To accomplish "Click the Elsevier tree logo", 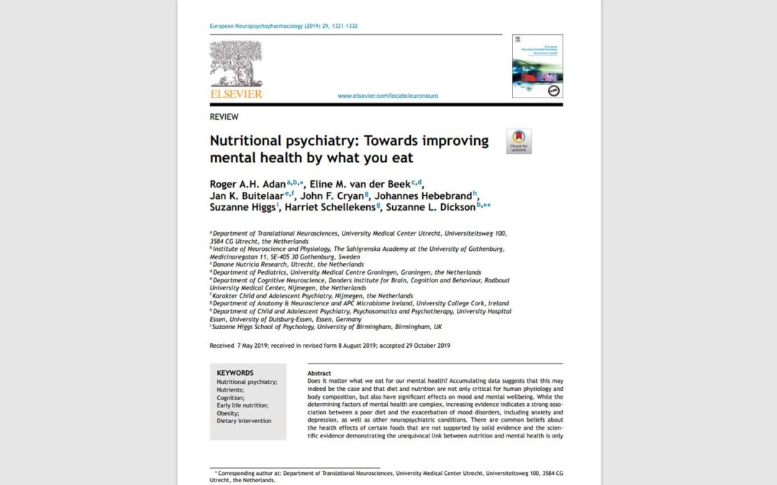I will click(x=236, y=64).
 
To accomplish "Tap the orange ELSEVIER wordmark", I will click(x=236, y=93).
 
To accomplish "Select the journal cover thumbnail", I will click(x=537, y=66).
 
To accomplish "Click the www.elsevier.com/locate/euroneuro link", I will click(x=388, y=96).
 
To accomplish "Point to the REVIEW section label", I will click(x=224, y=117).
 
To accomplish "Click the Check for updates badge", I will click(x=519, y=141).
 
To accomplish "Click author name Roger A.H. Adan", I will click(x=247, y=184).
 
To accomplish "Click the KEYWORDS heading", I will click(x=235, y=373).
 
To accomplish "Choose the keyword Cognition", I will click(x=231, y=397).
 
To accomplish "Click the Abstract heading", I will click(x=319, y=374).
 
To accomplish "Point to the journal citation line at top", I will click(x=283, y=27).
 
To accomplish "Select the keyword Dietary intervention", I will click(x=245, y=421).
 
